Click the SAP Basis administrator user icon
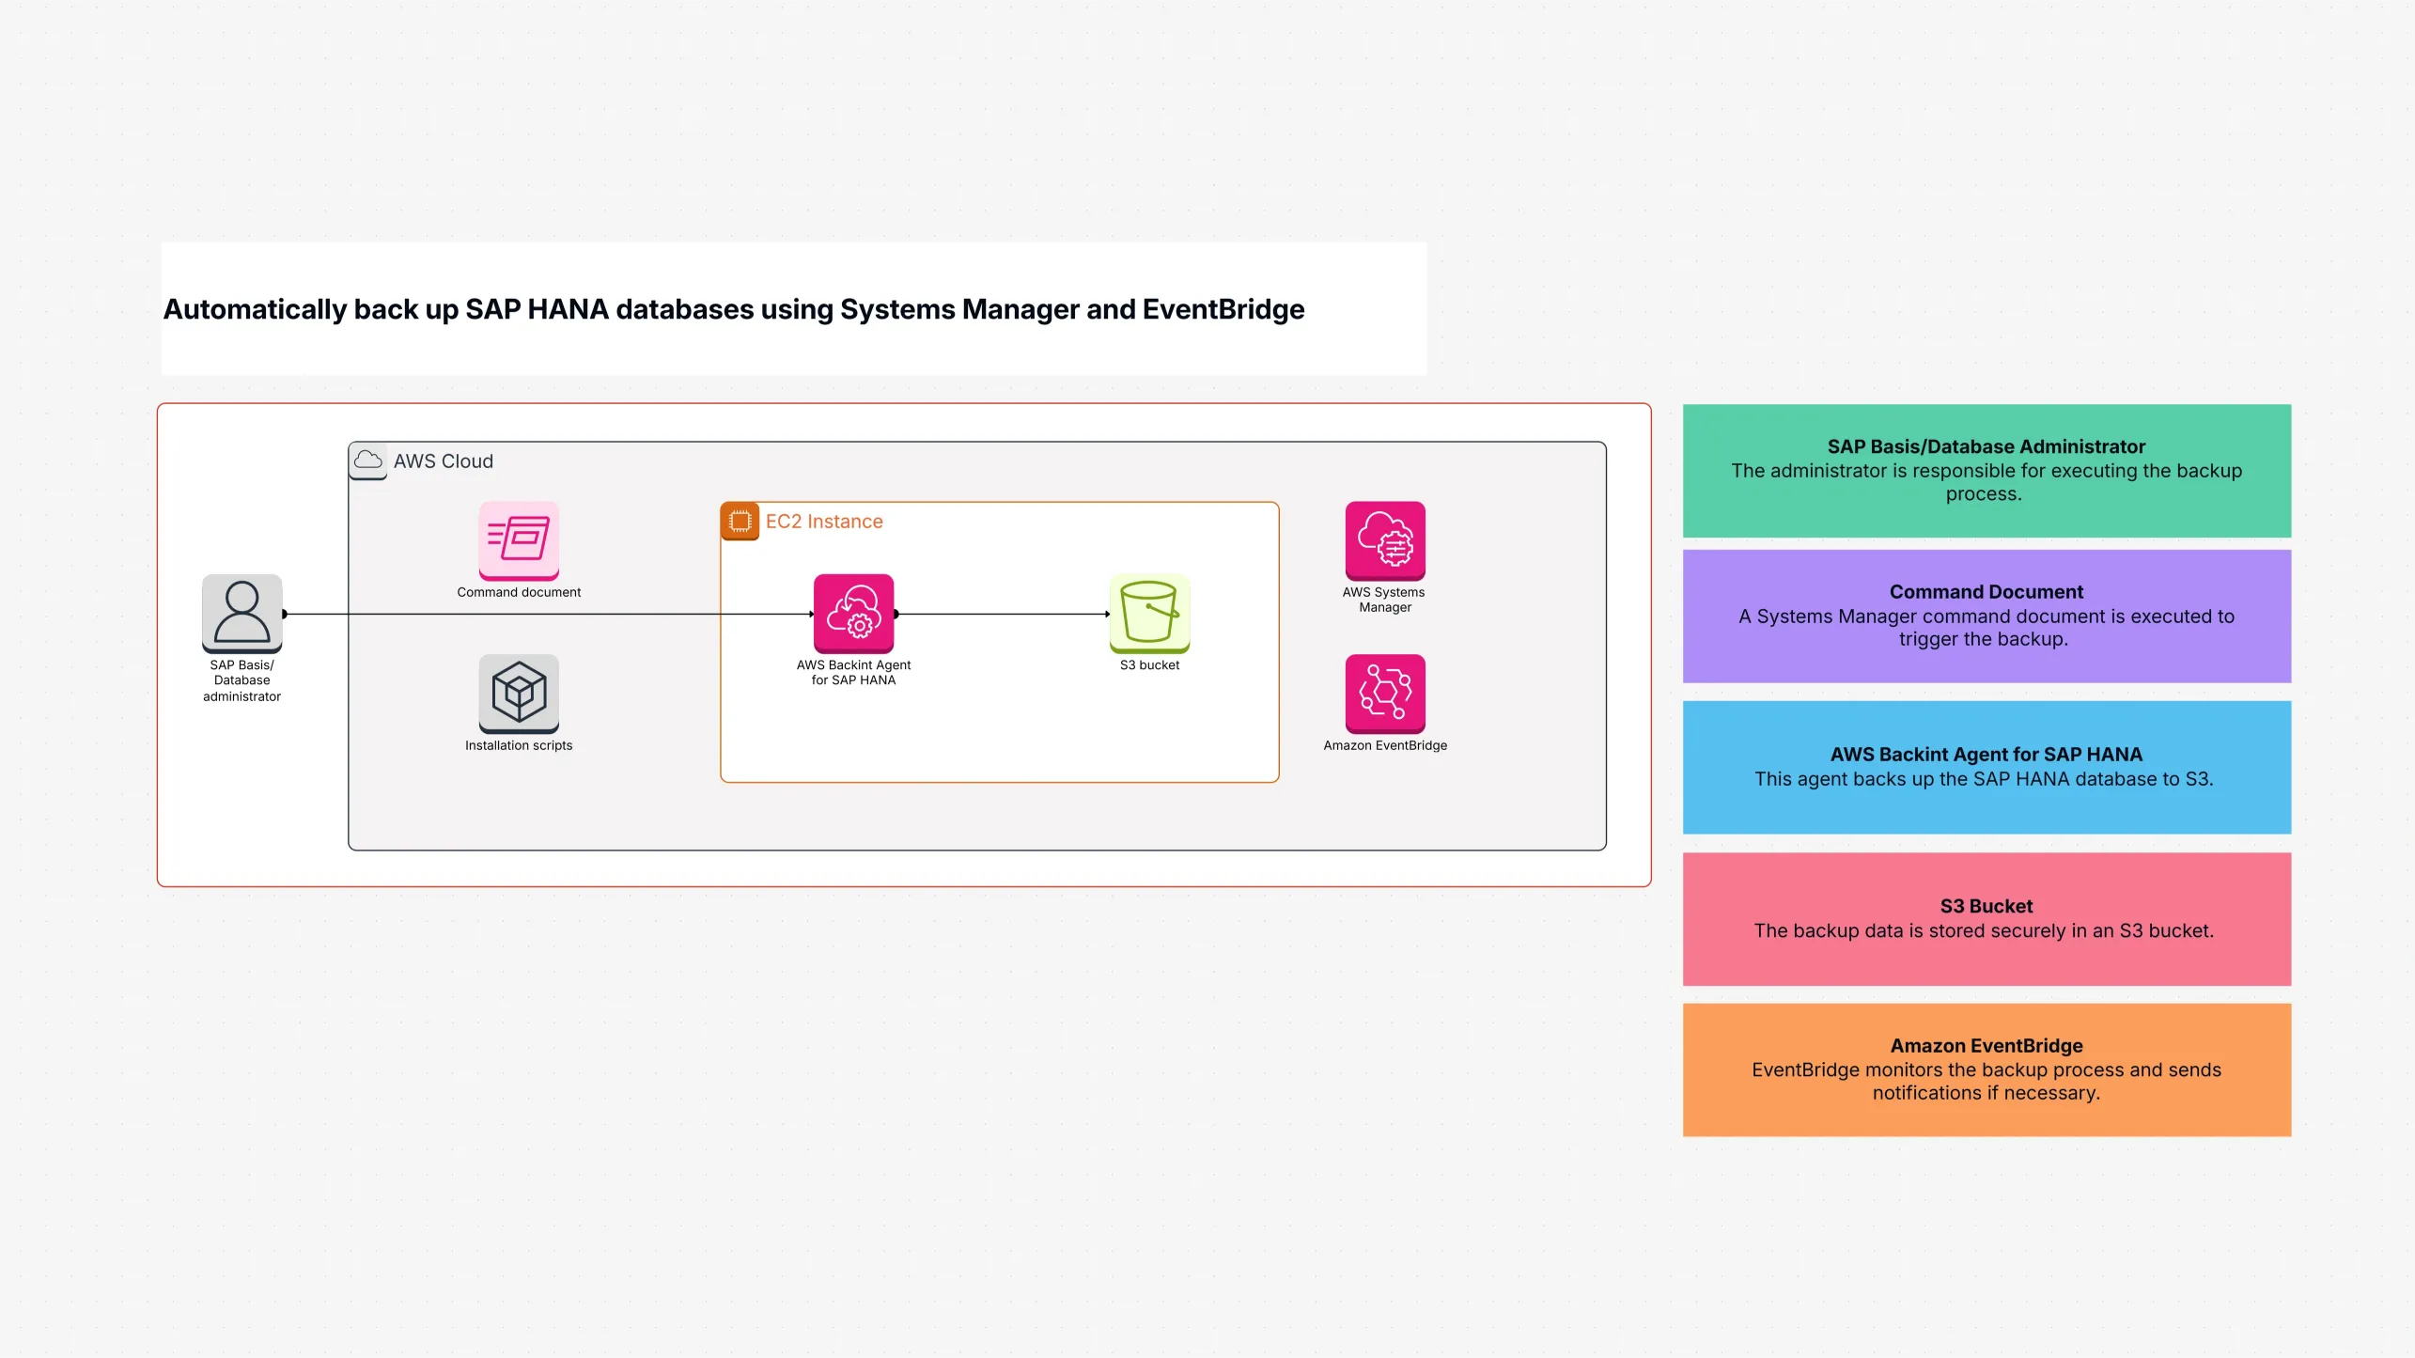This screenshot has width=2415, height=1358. (241, 613)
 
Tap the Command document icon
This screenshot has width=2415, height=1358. (519, 540)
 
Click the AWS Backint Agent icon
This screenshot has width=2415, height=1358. (853, 613)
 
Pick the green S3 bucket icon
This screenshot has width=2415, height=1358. (1149, 613)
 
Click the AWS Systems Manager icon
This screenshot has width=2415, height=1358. (1385, 540)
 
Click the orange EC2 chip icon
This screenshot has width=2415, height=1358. (740, 522)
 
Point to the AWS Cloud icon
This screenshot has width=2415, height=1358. (367, 460)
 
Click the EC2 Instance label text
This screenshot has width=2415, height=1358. (824, 522)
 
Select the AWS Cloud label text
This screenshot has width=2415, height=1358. (443, 461)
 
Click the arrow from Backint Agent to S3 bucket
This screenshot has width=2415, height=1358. (1002, 614)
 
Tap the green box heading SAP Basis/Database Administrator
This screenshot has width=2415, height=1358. (1986, 446)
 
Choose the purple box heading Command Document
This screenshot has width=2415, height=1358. (1986, 592)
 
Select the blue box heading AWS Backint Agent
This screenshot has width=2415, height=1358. (1986, 755)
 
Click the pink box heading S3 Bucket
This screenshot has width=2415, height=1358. (1986, 906)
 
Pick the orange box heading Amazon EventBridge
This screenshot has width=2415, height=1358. (1986, 1046)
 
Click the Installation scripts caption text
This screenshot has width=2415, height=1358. (519, 745)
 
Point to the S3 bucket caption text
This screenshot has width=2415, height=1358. (1149, 665)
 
